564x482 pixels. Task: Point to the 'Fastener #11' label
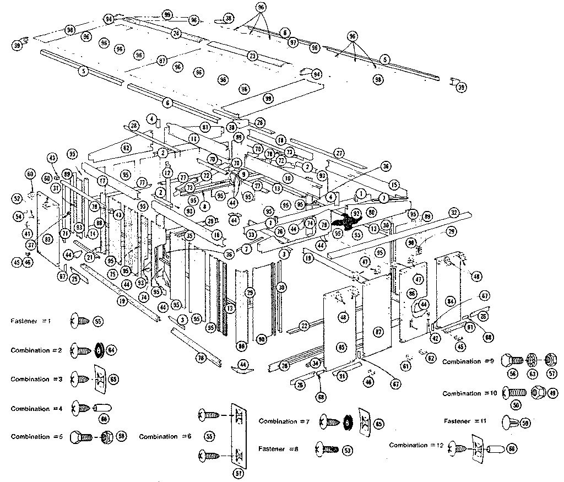coord(465,421)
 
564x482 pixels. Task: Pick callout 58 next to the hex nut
coord(121,436)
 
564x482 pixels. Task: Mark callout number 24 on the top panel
coord(176,34)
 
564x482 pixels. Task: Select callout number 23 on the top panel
coord(252,56)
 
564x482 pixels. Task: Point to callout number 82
coord(126,147)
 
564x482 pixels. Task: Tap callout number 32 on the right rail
coord(453,212)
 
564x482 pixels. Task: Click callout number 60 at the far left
coord(30,174)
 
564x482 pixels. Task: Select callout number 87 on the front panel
coord(378,332)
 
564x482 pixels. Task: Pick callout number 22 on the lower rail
coord(303,326)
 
